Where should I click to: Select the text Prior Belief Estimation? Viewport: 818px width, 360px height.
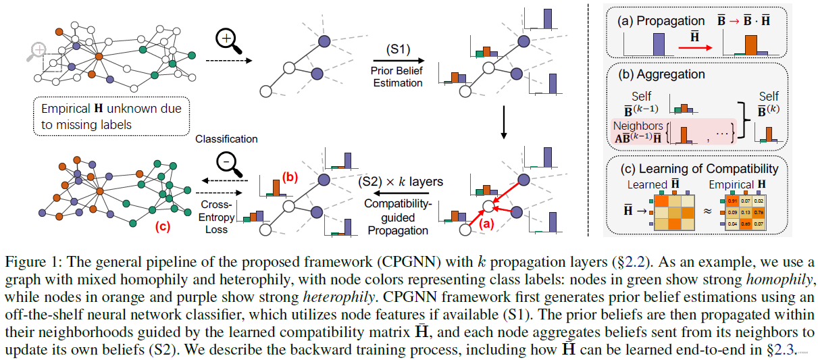pos(397,77)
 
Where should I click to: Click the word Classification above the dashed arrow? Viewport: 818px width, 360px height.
pos(226,139)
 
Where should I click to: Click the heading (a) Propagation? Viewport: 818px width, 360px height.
pos(655,21)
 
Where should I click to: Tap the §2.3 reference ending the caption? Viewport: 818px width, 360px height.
pos(785,349)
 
